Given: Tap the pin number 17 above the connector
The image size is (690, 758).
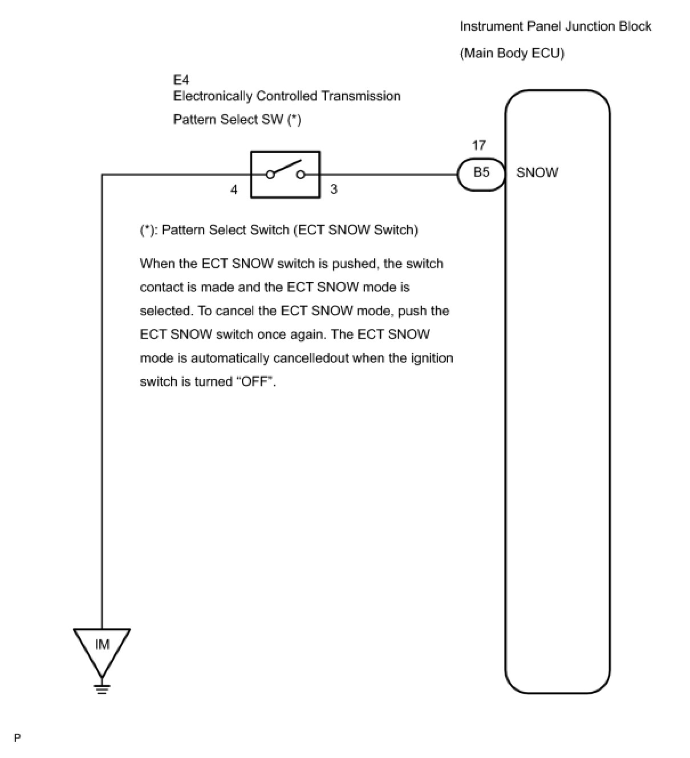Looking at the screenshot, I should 478,146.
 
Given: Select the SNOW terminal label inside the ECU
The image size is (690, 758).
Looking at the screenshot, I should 537,173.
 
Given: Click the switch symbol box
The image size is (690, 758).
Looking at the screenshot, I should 285,174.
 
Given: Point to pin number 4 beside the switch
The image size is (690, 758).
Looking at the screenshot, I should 234,189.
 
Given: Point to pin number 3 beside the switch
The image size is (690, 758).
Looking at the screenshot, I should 334,189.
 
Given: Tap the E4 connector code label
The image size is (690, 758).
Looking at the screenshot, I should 181,80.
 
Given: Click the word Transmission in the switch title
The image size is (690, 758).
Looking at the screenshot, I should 361,96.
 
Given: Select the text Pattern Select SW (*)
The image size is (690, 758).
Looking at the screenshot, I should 237,120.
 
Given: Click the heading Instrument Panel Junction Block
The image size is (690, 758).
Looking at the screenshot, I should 555,27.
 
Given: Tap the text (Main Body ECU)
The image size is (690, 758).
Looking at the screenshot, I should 512,53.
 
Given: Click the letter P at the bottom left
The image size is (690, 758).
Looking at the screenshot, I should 18,738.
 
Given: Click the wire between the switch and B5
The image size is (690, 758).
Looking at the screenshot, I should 388,174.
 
